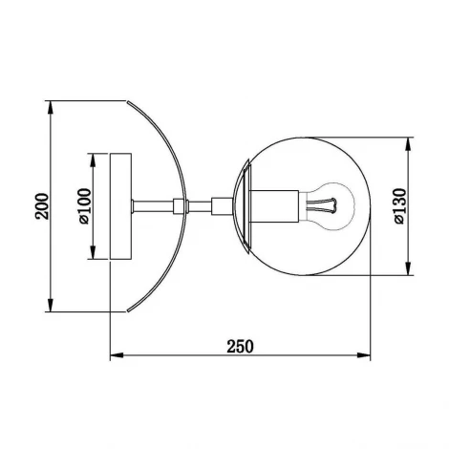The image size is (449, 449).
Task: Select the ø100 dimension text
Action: pyautogui.click(x=84, y=205)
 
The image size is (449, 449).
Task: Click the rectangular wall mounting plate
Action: pyautogui.click(x=120, y=205)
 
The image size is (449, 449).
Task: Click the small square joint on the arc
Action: pyautogui.click(x=178, y=204)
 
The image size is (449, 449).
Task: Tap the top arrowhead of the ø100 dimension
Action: pyautogui.click(x=94, y=155)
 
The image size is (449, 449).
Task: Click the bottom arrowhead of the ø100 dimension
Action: pyautogui.click(x=94, y=255)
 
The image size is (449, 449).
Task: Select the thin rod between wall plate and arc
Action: pyautogui.click(x=150, y=204)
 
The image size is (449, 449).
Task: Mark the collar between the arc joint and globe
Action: pyautogui.click(x=221, y=204)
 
